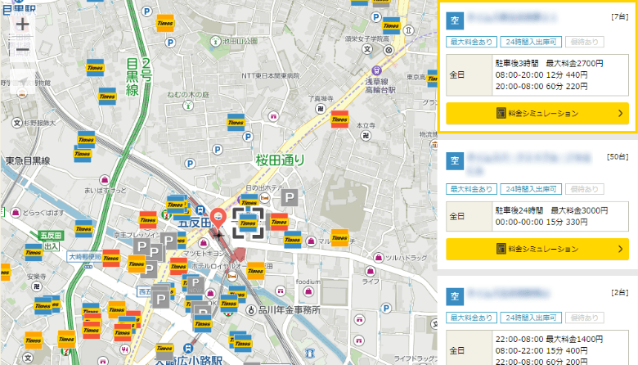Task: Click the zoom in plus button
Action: [22, 25]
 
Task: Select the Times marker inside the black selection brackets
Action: [247, 221]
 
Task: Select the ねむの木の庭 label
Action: [188, 95]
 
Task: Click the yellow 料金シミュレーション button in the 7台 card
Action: [537, 113]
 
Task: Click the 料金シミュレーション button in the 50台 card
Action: [537, 248]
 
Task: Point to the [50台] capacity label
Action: [618, 156]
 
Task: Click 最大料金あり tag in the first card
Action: [470, 41]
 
